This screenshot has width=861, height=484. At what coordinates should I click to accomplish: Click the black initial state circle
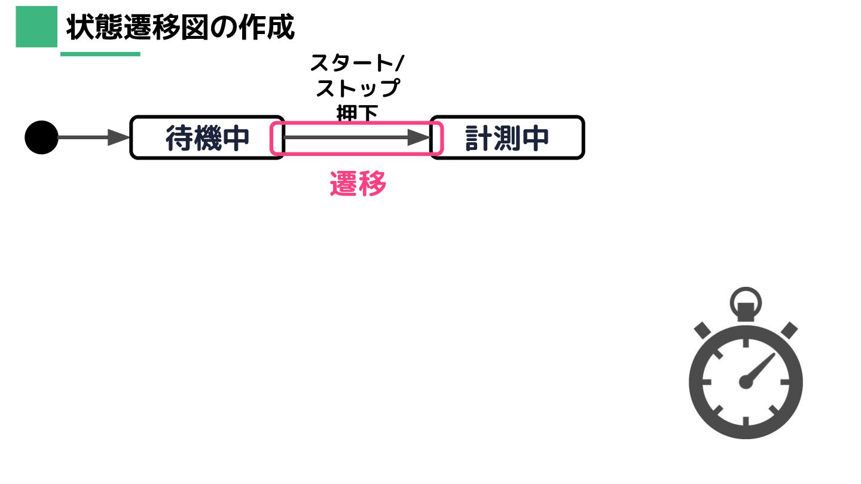[x=41, y=137]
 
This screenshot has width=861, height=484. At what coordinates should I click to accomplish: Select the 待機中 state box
[x=206, y=138]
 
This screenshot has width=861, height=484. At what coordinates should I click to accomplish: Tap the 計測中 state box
[x=507, y=138]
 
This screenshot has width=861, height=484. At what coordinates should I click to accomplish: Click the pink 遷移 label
[x=358, y=185]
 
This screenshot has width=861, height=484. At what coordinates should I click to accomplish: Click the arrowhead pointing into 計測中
[x=419, y=137]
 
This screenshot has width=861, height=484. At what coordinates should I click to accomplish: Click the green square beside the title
[x=36, y=27]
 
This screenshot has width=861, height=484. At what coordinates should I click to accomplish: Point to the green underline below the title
[x=100, y=54]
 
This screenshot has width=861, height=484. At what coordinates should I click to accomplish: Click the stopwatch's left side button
[x=702, y=330]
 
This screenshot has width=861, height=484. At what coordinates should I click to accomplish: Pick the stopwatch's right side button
[x=789, y=330]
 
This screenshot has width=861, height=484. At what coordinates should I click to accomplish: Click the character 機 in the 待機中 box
[x=207, y=139]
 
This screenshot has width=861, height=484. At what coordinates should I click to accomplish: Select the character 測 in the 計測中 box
[x=507, y=139]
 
